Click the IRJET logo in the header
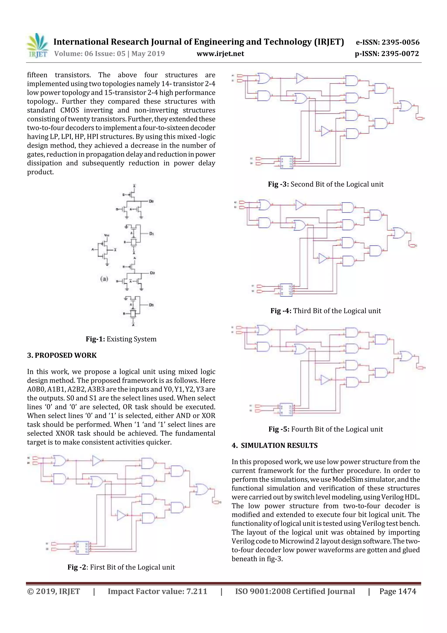[37, 45]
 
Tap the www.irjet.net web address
[220, 54]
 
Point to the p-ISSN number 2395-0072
[387, 54]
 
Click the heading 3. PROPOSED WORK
[62, 355]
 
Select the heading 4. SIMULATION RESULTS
[275, 446]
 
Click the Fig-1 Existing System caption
[121, 339]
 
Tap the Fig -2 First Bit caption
[121, 567]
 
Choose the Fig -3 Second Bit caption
[326, 184]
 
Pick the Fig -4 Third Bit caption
[326, 311]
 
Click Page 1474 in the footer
[397, 591]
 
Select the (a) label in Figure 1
[104, 279]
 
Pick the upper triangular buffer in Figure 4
[300, 205]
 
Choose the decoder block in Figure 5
[286, 409]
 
